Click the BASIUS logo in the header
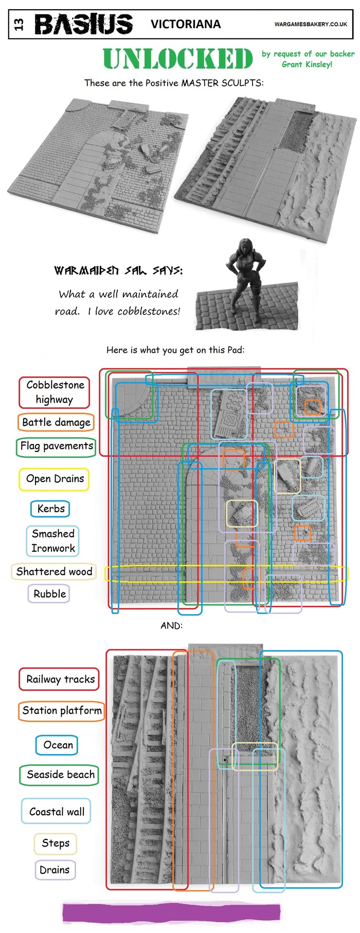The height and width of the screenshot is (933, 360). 83,24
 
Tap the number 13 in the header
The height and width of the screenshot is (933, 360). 19,24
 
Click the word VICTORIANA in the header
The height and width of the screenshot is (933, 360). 186,24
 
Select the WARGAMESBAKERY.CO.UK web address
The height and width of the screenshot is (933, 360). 311,24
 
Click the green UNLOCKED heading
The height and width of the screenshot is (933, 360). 178,59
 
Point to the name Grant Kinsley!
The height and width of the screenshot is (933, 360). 307,64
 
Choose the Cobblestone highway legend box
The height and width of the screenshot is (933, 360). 55,392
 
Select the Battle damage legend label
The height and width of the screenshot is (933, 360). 56,422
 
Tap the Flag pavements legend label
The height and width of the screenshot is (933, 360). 57,446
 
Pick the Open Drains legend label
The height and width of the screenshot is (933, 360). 55,479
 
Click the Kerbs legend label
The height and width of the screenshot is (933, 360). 50,509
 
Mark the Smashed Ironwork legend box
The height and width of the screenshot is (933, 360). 53,541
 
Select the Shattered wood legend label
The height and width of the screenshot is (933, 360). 54,571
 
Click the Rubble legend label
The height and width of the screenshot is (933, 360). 49,594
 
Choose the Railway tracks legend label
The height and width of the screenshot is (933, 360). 60,679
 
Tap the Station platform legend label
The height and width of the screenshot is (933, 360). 62,710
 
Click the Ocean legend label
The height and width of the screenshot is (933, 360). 58,745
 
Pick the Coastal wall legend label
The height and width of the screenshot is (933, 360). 57,812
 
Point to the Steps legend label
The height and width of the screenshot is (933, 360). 56,843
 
